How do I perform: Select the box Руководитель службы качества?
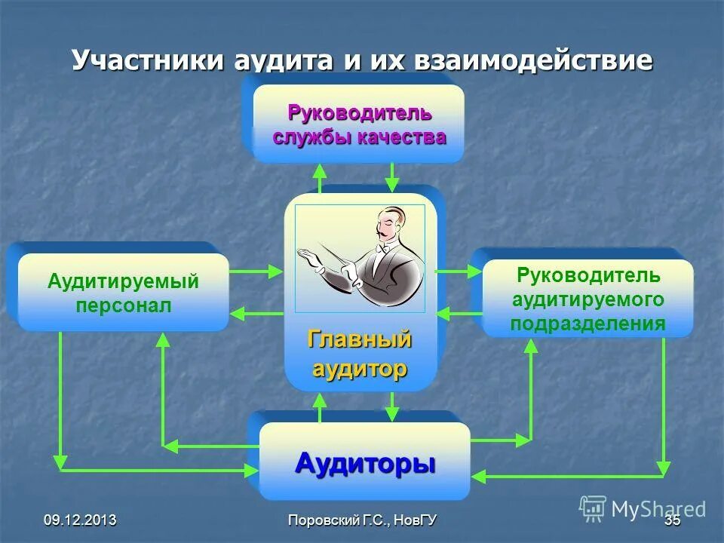pyautogui.click(x=358, y=124)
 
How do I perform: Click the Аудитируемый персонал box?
pyautogui.click(x=123, y=293)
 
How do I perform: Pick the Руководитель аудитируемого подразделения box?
pyautogui.click(x=587, y=299)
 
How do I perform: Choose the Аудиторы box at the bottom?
pyautogui.click(x=364, y=462)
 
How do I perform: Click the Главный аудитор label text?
pyautogui.click(x=360, y=354)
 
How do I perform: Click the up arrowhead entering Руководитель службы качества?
pyautogui.click(x=321, y=170)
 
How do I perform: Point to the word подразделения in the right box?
pyautogui.click(x=587, y=324)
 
